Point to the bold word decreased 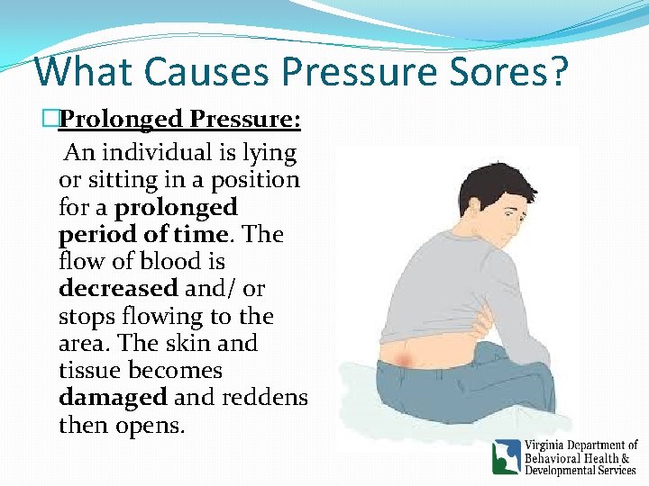(x=118, y=289)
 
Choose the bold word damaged (x=113, y=397)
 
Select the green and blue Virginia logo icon (x=506, y=456)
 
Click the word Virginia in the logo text (x=549, y=445)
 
